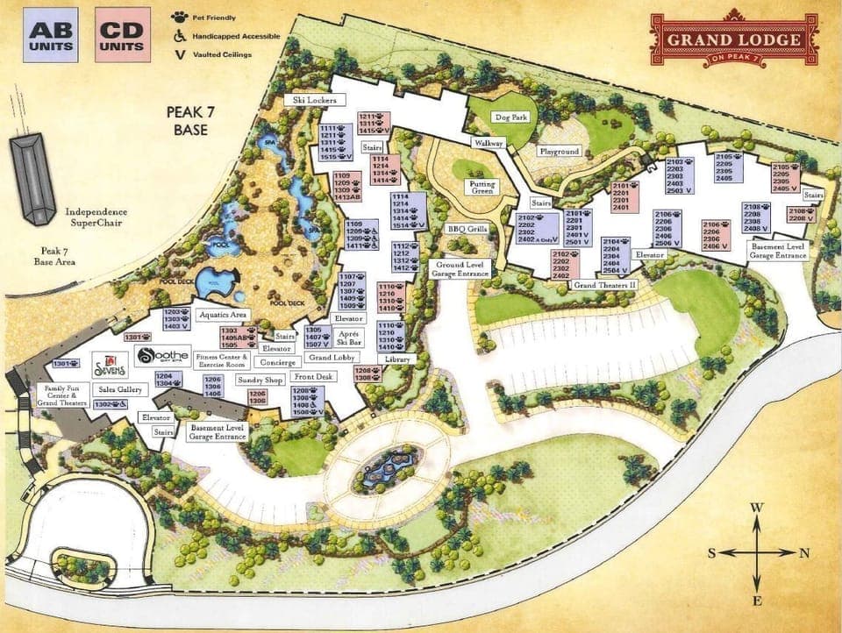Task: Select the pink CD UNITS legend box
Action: click(123, 34)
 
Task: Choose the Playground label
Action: click(559, 151)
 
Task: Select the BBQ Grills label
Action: click(467, 229)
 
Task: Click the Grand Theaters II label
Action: click(604, 285)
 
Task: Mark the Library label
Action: click(397, 360)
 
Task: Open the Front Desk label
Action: click(313, 376)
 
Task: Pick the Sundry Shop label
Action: click(261, 381)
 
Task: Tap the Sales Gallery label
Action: click(119, 389)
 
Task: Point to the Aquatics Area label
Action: click(225, 314)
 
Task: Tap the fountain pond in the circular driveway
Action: click(389, 465)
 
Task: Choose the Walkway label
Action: click(489, 142)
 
